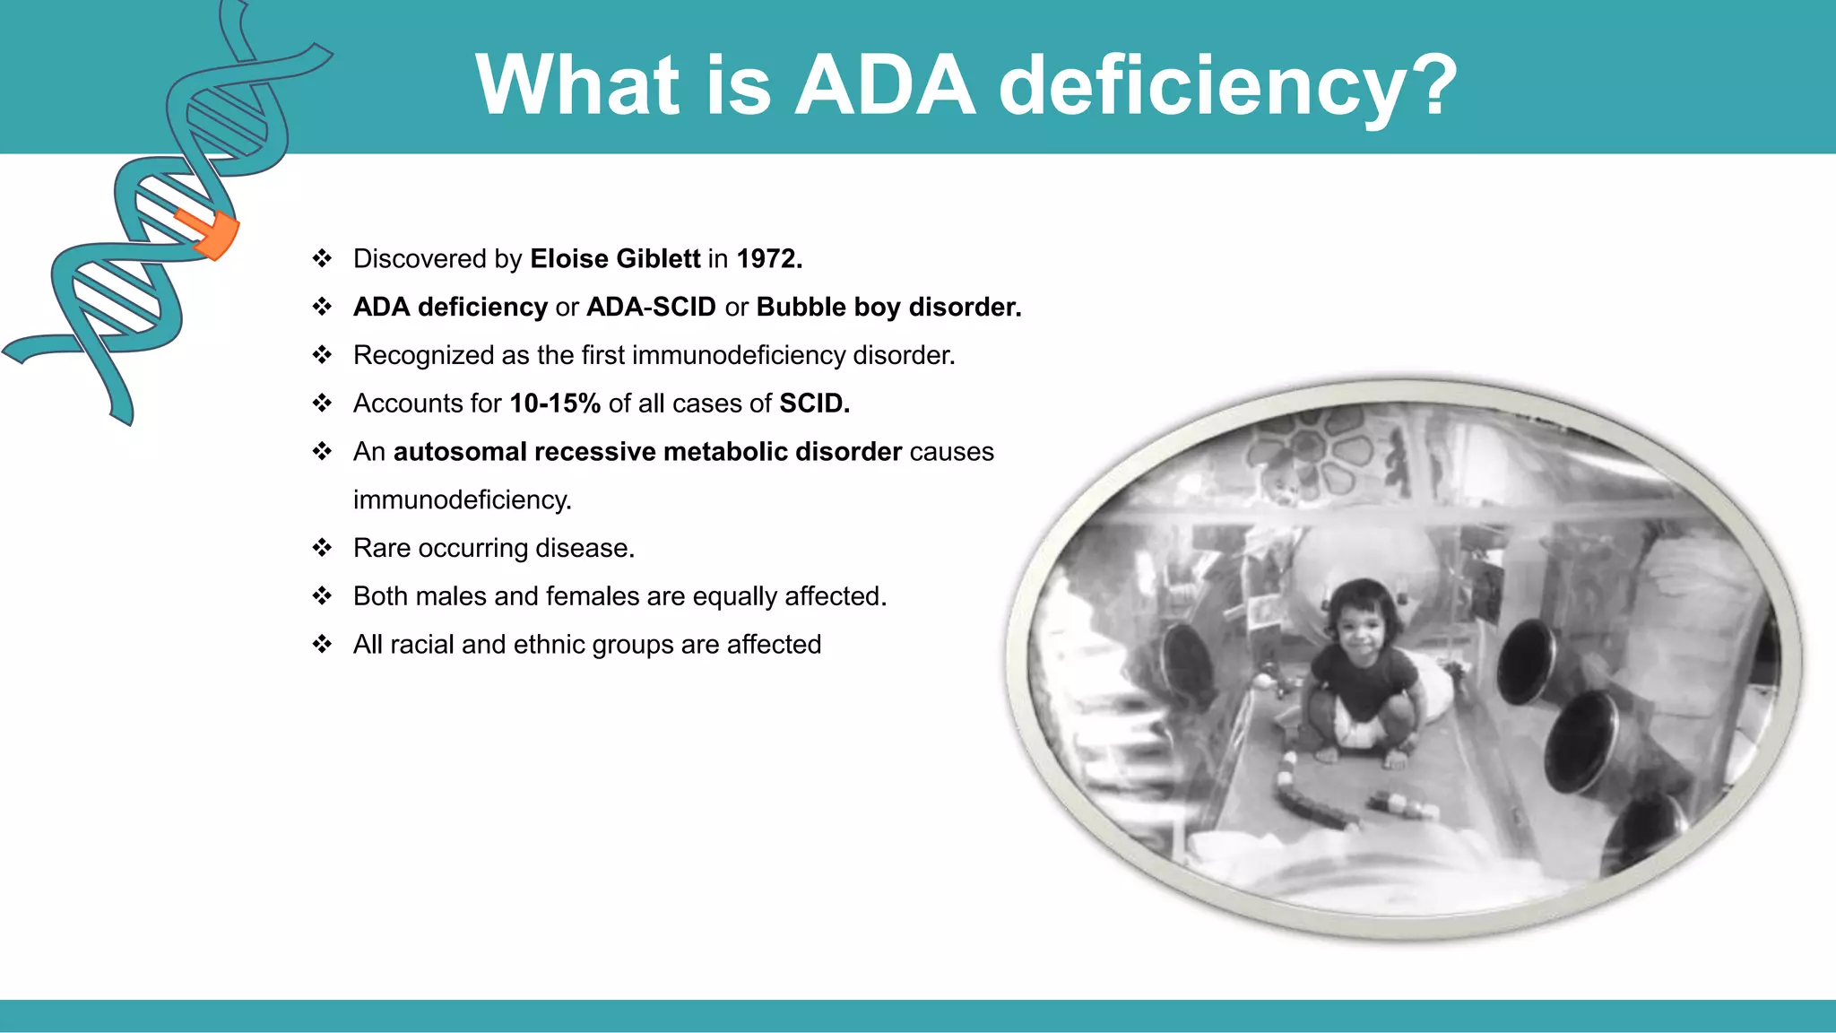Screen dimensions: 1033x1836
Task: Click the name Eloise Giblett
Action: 615,259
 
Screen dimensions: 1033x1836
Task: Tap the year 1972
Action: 768,259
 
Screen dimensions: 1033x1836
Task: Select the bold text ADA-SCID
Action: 651,308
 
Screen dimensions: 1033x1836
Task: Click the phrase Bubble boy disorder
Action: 888,308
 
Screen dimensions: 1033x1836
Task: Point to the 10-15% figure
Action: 555,404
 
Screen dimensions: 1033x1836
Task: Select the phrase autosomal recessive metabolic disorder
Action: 647,452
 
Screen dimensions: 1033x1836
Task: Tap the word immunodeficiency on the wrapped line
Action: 462,500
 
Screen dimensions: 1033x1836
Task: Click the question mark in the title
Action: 1432,85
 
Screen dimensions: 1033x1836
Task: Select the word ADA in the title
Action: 885,85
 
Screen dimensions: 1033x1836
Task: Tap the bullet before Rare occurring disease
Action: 322,548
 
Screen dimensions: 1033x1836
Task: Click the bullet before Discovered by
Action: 322,259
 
